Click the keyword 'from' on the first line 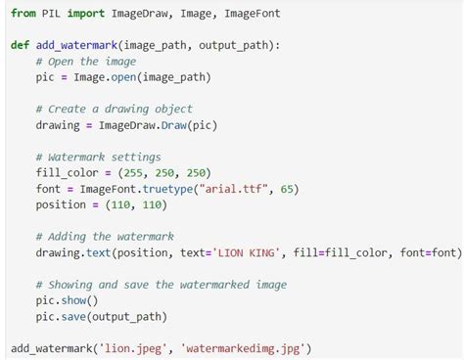24,13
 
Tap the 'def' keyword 21,45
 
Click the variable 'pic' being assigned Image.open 46,77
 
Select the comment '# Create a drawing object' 114,109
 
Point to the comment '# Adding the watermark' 104,236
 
